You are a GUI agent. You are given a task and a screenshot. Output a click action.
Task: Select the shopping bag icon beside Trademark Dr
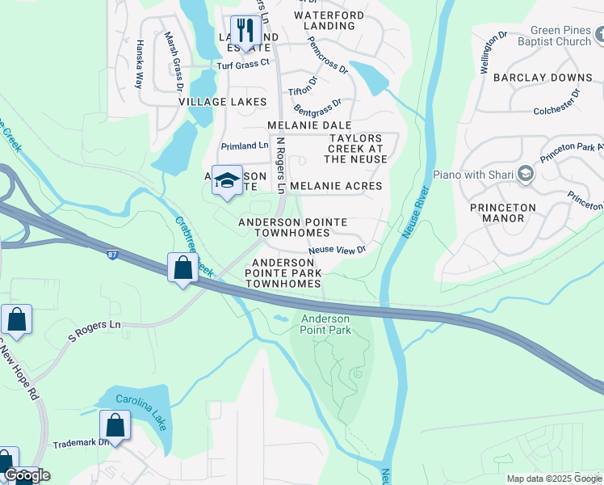115,425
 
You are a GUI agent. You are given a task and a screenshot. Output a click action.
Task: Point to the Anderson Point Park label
325,325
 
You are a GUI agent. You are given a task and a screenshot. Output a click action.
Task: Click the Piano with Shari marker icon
526,174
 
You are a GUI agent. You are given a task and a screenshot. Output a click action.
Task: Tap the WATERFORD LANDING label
324,20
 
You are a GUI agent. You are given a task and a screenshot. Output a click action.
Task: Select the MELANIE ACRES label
335,186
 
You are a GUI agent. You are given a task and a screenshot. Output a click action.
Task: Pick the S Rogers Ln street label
94,330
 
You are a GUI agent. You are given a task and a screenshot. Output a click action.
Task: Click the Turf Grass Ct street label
242,63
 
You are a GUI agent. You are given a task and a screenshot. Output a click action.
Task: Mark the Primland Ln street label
245,146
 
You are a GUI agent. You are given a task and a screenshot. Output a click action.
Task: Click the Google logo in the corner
27,475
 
